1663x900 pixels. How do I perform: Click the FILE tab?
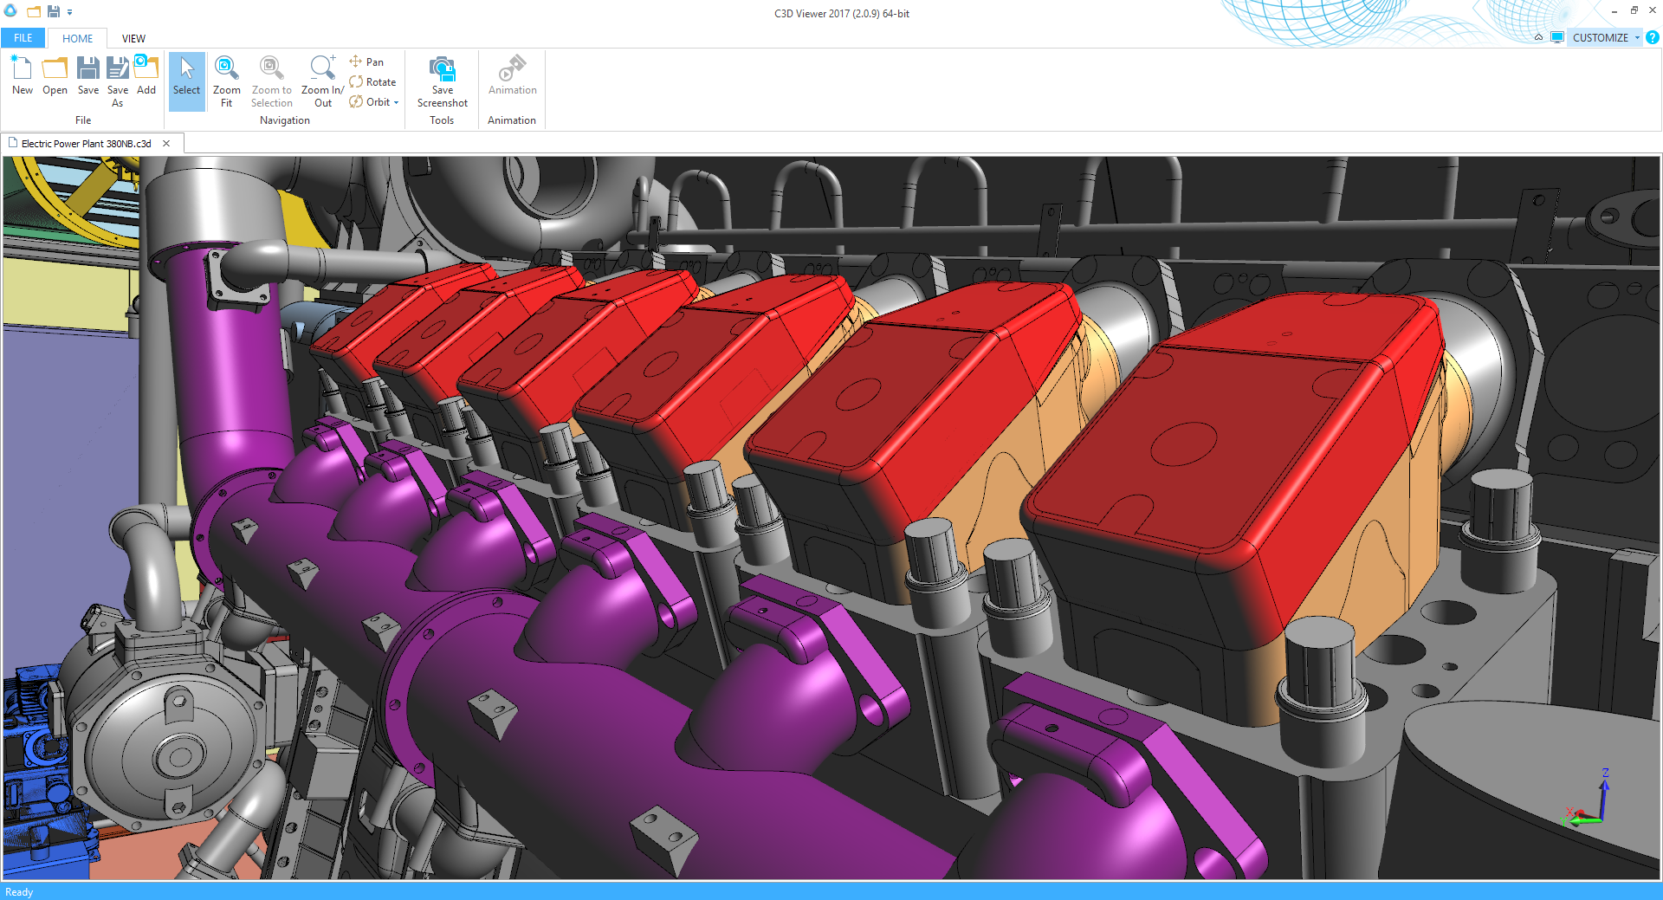click(23, 38)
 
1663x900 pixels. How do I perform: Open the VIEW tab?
click(133, 38)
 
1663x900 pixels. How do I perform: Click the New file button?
click(23, 74)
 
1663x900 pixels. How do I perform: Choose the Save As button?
click(118, 81)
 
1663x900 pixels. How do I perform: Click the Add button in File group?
click(146, 74)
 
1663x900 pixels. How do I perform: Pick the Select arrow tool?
click(186, 81)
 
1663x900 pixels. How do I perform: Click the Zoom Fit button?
click(226, 81)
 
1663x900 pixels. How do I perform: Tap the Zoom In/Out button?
click(322, 81)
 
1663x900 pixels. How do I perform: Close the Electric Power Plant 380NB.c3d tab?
click(166, 144)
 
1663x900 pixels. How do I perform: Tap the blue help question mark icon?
click(1653, 38)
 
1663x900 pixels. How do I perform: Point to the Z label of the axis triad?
click(1606, 773)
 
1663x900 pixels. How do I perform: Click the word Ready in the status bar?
click(19, 892)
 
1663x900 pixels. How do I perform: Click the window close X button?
click(1653, 10)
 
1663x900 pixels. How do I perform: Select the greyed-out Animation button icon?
click(512, 69)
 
